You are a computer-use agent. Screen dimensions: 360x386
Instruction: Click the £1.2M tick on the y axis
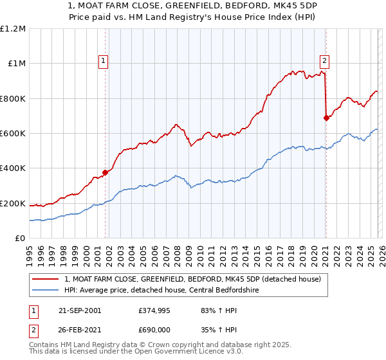coord(13,28)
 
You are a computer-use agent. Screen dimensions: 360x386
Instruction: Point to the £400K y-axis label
coord(13,168)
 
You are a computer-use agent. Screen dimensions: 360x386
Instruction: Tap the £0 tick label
coord(21,238)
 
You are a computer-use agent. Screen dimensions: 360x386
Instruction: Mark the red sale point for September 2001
coord(106,172)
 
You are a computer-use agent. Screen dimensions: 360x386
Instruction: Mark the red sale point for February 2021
coord(326,118)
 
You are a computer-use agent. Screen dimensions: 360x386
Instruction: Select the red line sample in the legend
coord(46,278)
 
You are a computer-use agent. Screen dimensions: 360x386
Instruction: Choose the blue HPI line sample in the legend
coord(46,290)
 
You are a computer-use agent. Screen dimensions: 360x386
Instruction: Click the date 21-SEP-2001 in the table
coord(79,310)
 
